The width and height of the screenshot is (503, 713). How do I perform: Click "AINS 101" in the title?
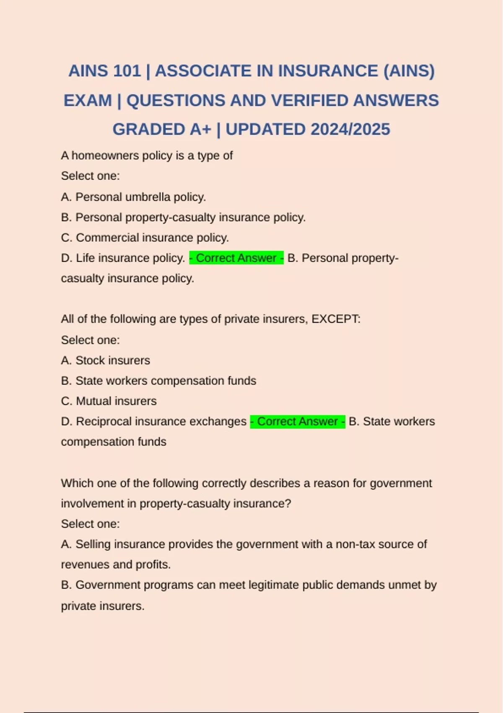click(x=104, y=71)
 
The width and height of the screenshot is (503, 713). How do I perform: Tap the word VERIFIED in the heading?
click(x=310, y=101)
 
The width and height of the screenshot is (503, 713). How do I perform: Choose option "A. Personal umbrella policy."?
click(x=133, y=197)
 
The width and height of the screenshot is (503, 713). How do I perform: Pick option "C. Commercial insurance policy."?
click(x=145, y=237)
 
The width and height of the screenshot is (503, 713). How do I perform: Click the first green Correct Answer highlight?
click(x=236, y=258)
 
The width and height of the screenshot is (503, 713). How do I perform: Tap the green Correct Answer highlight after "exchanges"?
click(x=298, y=421)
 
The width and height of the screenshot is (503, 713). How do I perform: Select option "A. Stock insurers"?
click(x=105, y=360)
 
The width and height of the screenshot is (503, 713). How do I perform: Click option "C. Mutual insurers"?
click(x=109, y=401)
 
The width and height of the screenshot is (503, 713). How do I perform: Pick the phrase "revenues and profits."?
click(x=116, y=565)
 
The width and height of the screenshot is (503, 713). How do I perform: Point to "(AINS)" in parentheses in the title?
click(x=409, y=71)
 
